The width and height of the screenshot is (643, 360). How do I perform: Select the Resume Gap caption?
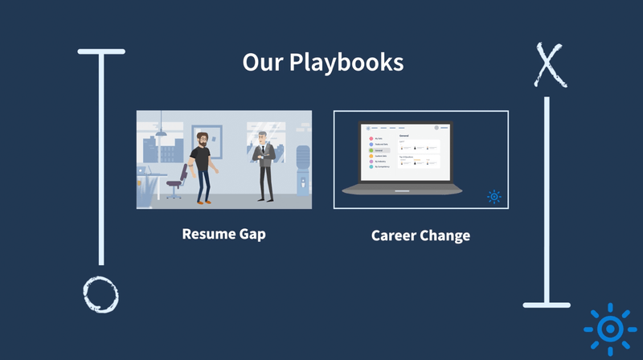[x=223, y=235]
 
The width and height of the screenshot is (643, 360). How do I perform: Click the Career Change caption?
[x=420, y=235]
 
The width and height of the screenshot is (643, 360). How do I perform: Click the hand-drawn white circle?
[x=101, y=293]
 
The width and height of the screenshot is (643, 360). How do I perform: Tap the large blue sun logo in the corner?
[x=610, y=329]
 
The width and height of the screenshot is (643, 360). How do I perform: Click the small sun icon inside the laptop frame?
[x=494, y=196]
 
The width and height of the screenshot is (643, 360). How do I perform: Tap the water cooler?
[x=301, y=170]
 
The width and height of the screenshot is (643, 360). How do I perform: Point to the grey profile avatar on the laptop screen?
[x=436, y=127]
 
